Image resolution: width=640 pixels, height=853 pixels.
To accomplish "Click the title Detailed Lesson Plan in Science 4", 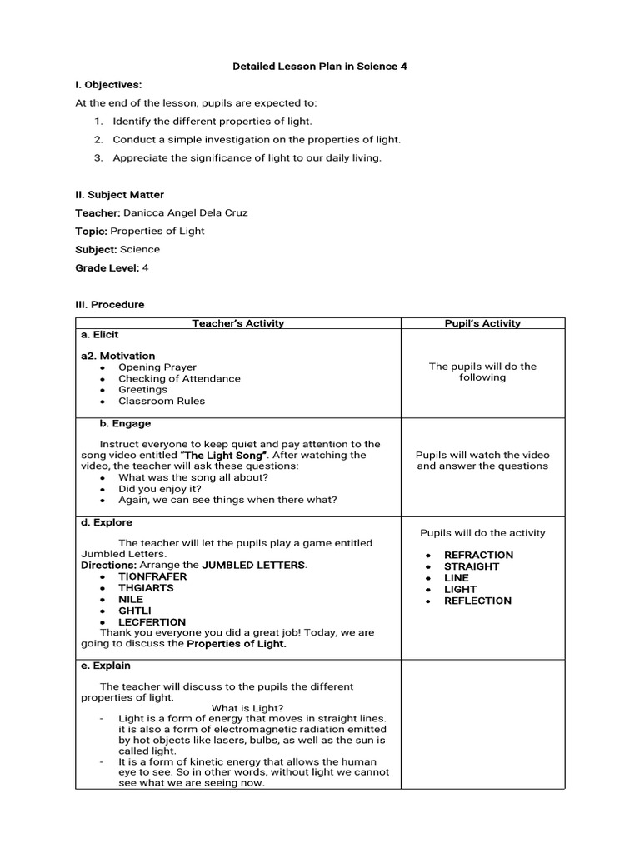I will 319,67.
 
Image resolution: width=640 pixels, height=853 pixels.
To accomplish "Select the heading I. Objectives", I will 108,85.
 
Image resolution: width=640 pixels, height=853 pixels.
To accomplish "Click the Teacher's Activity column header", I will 237,323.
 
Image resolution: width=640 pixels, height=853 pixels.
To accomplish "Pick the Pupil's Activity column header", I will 482,323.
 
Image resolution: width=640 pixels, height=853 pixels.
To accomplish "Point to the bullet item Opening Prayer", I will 157,367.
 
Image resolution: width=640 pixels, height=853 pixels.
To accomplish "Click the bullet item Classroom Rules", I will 161,401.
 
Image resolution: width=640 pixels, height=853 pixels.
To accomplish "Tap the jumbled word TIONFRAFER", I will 152,576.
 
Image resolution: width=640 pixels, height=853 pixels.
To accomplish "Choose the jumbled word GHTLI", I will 134,611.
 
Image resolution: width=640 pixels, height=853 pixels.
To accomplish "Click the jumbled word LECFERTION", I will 152,622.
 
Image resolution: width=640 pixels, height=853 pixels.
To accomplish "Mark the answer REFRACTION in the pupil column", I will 478,555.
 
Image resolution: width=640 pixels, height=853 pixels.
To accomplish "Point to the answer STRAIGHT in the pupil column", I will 472,566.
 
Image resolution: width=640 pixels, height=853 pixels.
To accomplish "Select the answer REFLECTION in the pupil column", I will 477,601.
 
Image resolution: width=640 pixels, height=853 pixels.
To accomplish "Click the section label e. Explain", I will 106,666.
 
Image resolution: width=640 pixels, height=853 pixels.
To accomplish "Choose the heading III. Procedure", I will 109,305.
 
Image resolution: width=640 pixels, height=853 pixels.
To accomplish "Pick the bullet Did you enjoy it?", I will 160,489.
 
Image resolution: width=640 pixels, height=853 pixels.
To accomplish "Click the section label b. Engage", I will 126,424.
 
